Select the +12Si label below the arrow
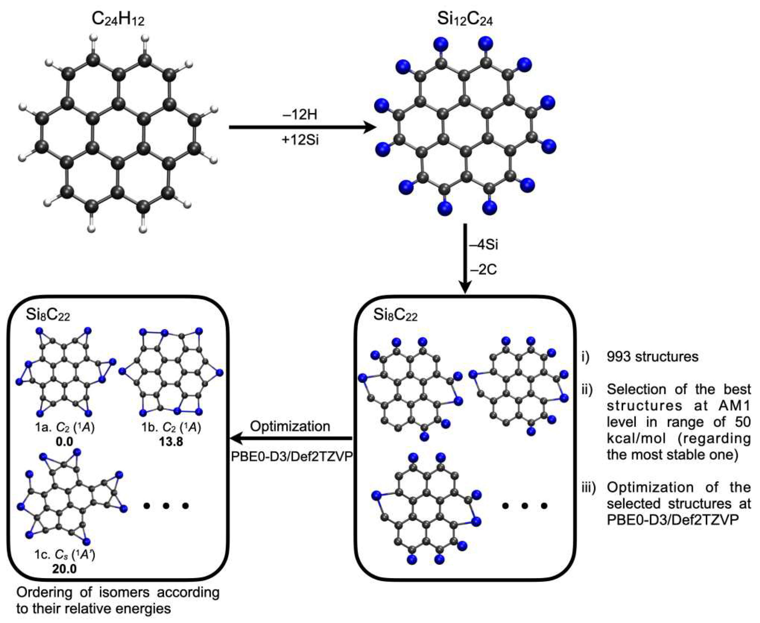300,140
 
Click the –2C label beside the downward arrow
483,270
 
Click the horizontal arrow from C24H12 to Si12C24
301,127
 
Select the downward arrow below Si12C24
465,258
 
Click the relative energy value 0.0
65,441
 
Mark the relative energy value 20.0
65,569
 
